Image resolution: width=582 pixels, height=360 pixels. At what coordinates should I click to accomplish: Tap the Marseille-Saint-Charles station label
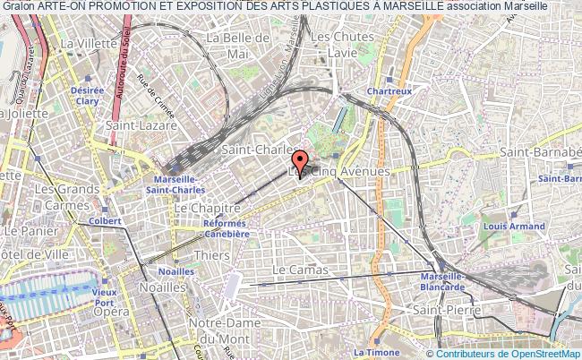tap(174, 184)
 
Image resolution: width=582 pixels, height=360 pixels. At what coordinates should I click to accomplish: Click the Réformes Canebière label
tap(224, 228)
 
